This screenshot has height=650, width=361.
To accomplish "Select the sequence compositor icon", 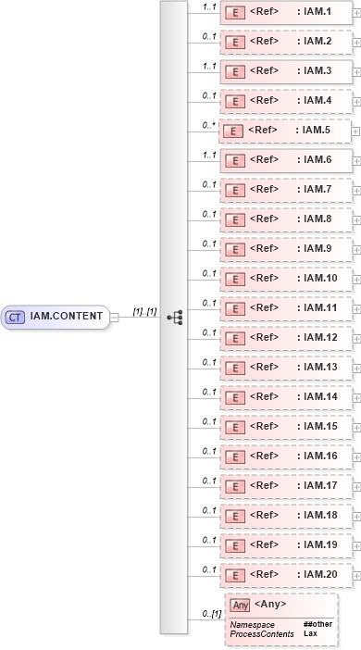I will click(173, 317).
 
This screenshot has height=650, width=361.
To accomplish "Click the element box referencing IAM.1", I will click(286, 12).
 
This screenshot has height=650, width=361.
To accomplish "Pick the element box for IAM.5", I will click(286, 131).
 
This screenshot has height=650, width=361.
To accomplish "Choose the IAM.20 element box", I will click(286, 575).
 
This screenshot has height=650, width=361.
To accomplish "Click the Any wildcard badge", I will click(240, 606).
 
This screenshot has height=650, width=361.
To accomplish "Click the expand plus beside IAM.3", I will click(356, 72).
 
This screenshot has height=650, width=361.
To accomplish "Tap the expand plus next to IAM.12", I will click(356, 339).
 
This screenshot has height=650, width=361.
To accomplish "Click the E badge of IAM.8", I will click(235, 219).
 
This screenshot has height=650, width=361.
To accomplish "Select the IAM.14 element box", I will click(286, 397).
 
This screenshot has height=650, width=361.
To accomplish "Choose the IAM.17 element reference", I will click(286, 486).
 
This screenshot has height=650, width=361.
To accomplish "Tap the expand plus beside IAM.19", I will click(356, 546).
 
